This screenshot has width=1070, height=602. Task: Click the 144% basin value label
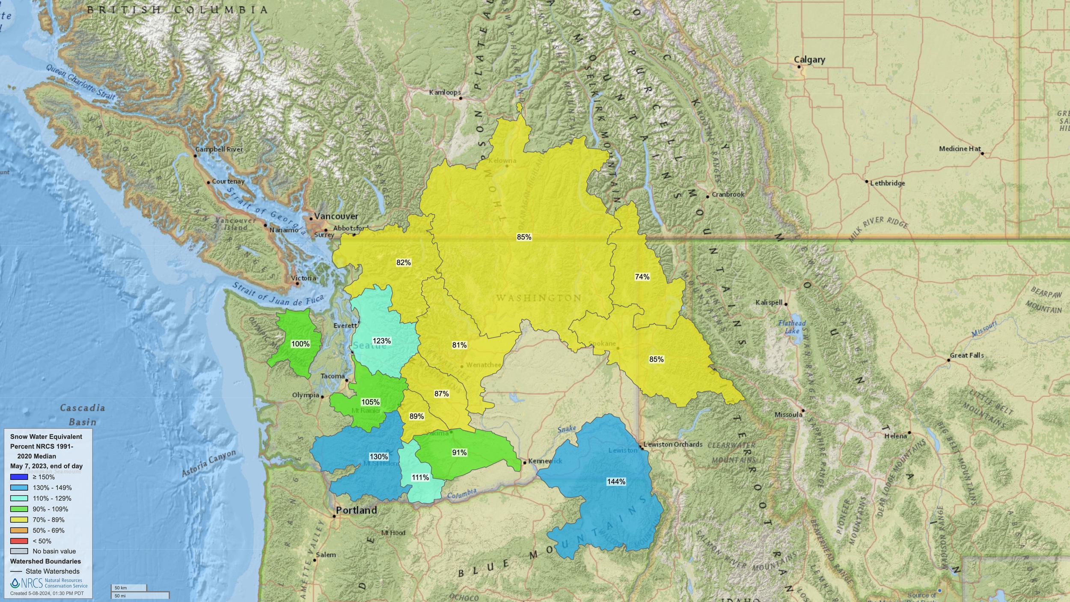[616, 482]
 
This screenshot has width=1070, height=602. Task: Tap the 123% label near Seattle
[381, 341]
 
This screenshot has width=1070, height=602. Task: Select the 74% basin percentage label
[642, 277]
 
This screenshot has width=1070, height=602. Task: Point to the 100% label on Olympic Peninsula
[300, 344]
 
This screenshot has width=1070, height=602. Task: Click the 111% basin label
[420, 477]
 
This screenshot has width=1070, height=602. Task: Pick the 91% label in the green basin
[459, 452]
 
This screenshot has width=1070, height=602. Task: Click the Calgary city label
[809, 60]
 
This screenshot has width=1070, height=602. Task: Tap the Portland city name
[356, 510]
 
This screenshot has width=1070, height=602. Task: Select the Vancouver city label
[336, 216]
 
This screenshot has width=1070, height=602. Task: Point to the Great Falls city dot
[948, 360]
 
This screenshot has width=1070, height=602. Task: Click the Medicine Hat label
[960, 149]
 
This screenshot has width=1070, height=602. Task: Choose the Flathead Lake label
[792, 327]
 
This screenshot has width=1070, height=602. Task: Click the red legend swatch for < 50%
[19, 541]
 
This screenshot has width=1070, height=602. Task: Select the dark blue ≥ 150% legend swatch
[19, 477]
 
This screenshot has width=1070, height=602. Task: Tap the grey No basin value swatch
[19, 551]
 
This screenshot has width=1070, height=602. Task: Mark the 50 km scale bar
[129, 588]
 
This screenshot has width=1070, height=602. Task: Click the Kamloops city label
[445, 92]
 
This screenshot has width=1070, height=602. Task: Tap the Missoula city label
[788, 414]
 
